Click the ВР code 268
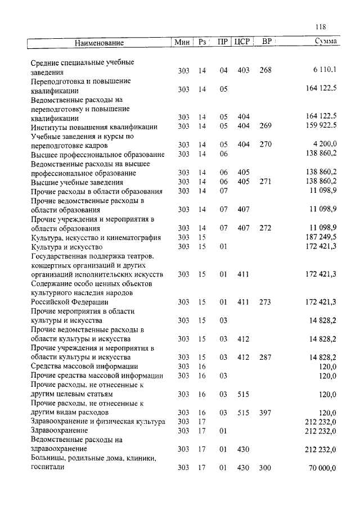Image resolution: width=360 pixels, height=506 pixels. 265,70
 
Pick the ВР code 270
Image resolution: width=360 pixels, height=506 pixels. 265,144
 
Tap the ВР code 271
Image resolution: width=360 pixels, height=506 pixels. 265,182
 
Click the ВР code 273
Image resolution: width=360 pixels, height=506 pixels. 265,302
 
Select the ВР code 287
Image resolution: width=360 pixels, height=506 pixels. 265,357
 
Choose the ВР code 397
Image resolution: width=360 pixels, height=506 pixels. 265,412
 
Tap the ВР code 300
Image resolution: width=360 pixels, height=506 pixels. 265,468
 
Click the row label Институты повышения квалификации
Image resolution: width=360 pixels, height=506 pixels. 93,126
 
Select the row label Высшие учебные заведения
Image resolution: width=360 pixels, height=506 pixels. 76,182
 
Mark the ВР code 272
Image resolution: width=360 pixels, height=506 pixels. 265,228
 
